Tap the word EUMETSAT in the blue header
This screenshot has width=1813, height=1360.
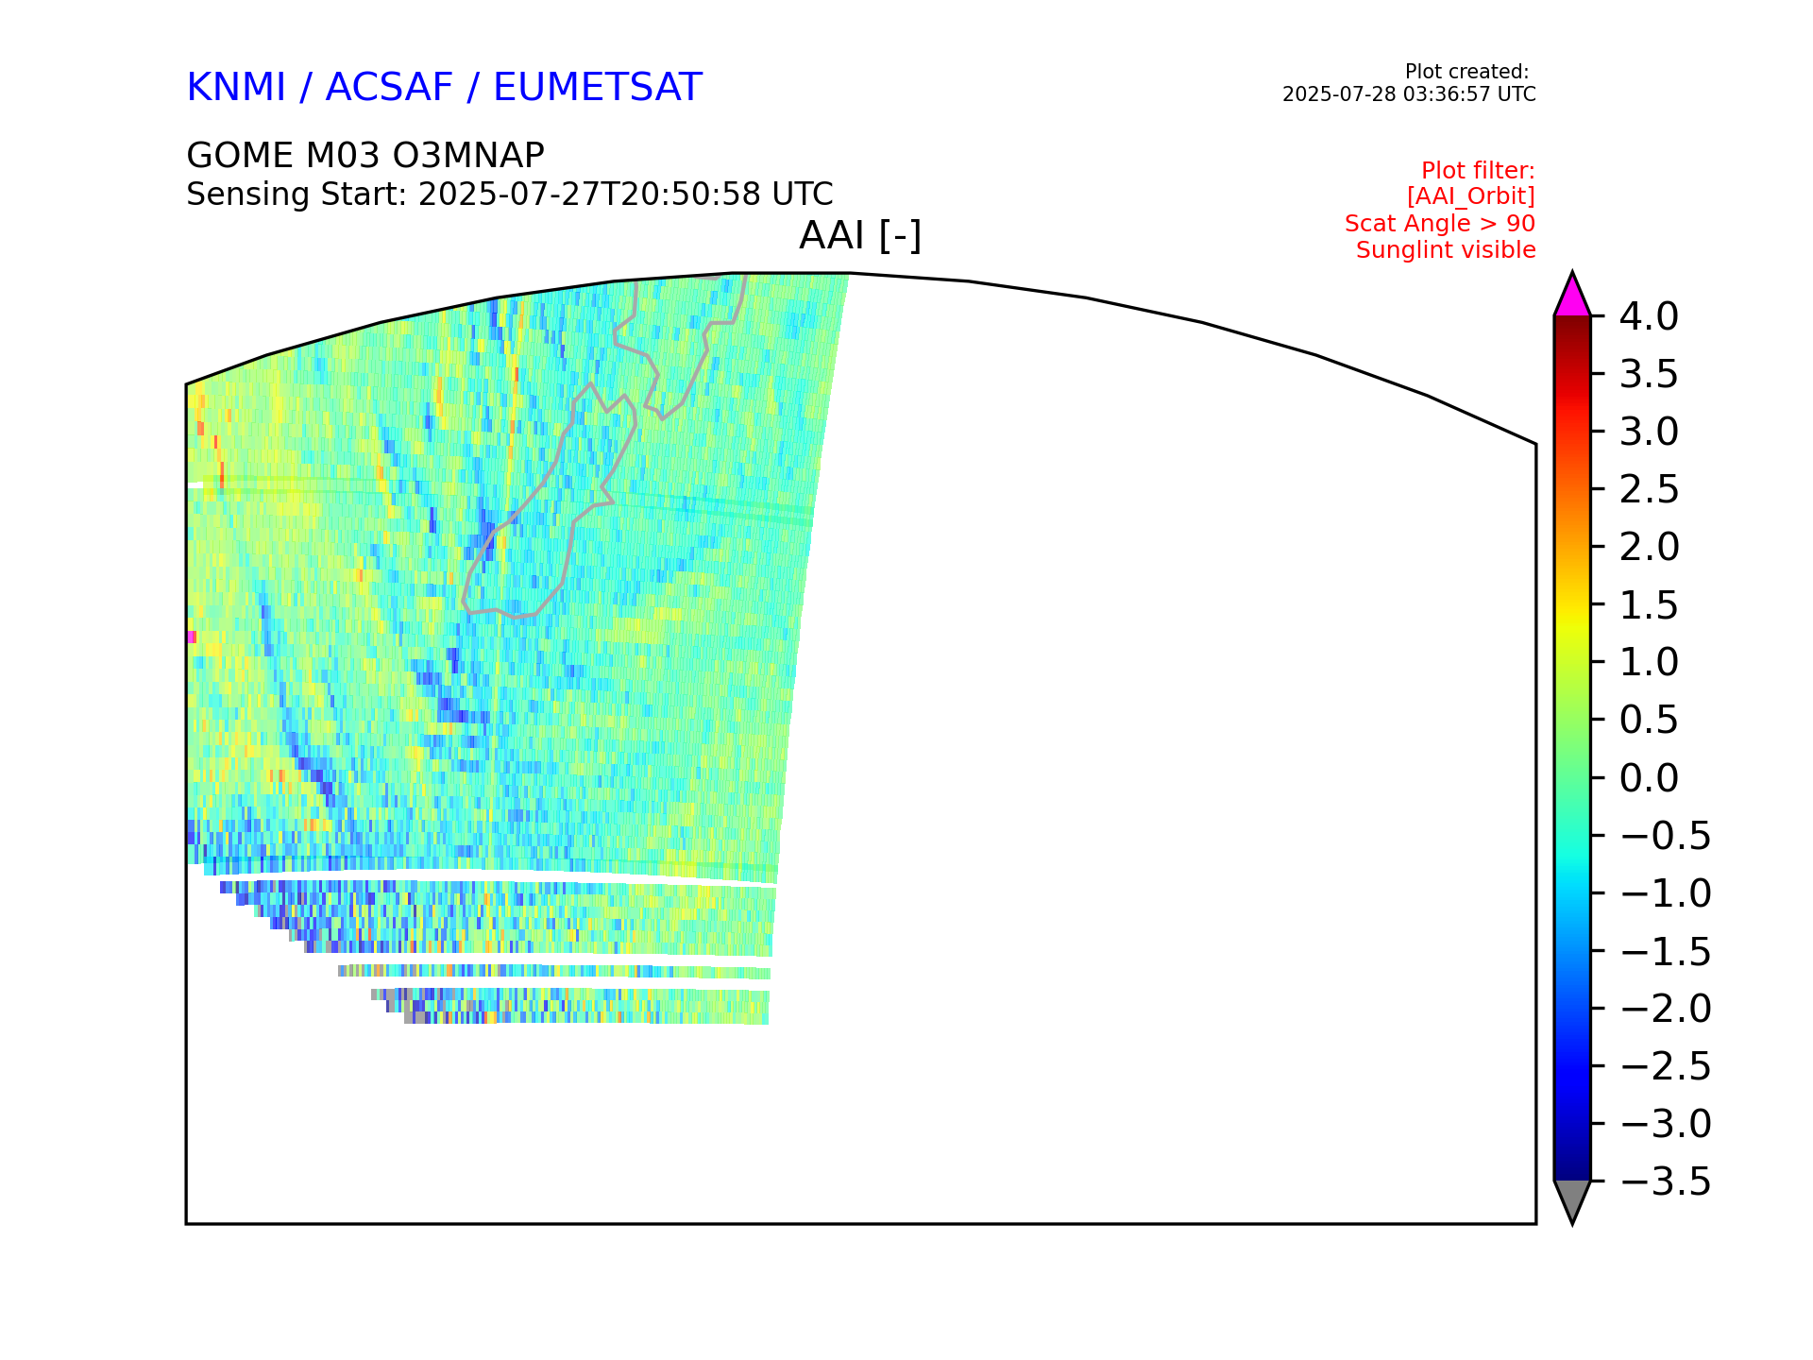(x=598, y=88)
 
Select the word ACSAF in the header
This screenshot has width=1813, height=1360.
(x=389, y=88)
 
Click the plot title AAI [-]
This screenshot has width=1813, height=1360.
(x=860, y=235)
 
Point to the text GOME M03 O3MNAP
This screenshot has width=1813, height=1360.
(x=365, y=155)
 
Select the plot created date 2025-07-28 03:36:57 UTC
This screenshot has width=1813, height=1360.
(x=1409, y=94)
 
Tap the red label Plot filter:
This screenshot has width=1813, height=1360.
(x=1478, y=171)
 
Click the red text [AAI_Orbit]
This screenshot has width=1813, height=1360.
(x=1470, y=196)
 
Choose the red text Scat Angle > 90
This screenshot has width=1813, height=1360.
(x=1440, y=224)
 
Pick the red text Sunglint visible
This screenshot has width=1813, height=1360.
(x=1446, y=250)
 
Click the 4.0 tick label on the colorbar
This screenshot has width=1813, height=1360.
(x=1649, y=316)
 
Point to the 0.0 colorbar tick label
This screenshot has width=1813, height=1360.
(x=1649, y=778)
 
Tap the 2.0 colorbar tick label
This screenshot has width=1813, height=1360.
(x=1649, y=547)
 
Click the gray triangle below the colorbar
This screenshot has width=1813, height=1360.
(x=1572, y=1198)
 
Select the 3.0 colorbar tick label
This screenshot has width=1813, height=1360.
(x=1649, y=432)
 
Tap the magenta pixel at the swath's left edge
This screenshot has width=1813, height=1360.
(x=192, y=637)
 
